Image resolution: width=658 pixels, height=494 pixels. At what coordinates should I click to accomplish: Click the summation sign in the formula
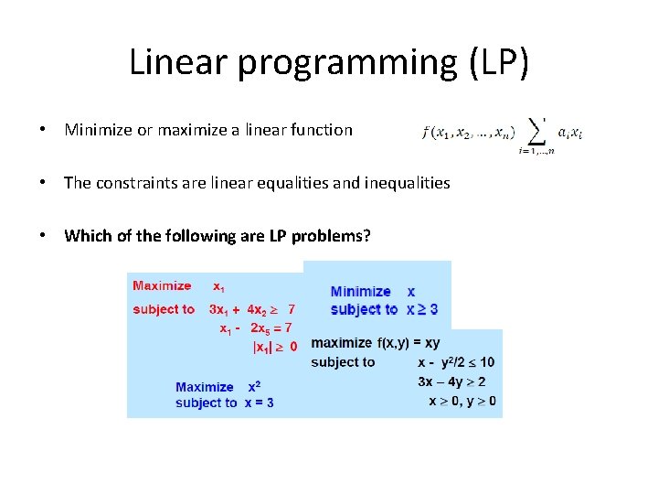coord(538,132)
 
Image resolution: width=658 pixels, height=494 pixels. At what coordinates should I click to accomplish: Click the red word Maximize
coord(162,285)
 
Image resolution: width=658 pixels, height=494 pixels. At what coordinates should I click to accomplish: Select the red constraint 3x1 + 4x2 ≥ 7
coord(251,309)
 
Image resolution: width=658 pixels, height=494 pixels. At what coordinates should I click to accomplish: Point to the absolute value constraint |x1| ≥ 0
coord(273,346)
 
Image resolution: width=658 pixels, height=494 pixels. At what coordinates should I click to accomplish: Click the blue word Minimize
coord(360,291)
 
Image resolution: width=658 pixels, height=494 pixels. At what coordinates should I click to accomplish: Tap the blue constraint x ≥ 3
coord(422,309)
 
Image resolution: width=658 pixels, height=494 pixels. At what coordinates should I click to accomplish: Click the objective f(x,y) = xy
coord(408,343)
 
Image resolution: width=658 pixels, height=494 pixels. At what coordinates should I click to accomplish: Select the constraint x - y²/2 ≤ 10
coord(455,362)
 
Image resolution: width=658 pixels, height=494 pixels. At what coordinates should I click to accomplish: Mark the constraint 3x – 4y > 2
coord(451,381)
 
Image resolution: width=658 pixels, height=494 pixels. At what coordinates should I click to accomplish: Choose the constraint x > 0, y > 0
coord(462,401)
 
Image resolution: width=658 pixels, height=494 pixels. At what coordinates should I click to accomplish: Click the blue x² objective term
coord(254,387)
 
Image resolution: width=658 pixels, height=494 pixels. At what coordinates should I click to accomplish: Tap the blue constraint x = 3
coord(259,403)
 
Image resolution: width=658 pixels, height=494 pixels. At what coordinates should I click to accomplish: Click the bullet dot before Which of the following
coord(43,236)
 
